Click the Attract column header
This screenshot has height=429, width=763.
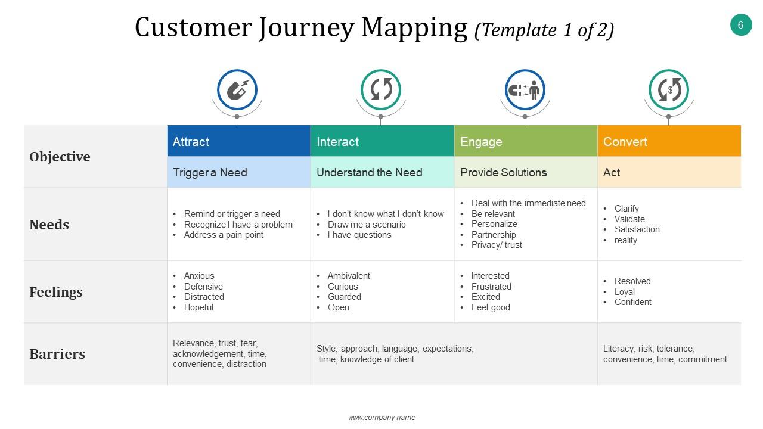(238, 141)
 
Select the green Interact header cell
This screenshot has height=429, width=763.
(382, 141)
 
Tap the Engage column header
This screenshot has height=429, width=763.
(526, 141)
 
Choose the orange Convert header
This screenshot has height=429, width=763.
(669, 141)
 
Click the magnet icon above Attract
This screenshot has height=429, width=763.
(237, 90)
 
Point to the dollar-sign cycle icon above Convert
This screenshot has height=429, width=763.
(669, 90)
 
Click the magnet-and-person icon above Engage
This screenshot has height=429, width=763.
(525, 90)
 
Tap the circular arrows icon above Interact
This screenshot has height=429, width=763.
(381, 90)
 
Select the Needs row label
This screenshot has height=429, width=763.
(49, 225)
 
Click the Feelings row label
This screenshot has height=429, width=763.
(56, 292)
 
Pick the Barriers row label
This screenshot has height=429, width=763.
(57, 354)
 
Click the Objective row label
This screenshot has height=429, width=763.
(60, 157)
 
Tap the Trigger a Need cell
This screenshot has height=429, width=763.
(210, 172)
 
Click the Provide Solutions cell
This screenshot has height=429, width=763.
(504, 172)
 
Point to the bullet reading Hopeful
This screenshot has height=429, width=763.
(198, 307)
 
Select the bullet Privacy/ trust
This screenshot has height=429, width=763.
(497, 245)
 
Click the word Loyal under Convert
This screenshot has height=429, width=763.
(625, 292)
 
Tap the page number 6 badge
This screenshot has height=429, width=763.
(741, 25)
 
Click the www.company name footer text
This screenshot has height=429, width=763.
(381, 418)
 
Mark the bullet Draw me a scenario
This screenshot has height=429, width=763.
(367, 225)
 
